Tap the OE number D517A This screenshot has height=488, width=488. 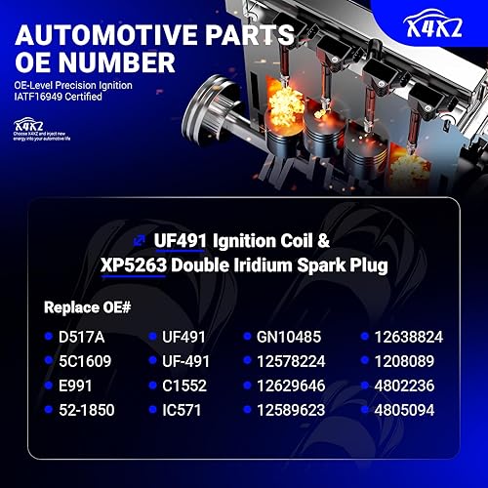coord(82,338)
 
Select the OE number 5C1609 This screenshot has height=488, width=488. coord(86,359)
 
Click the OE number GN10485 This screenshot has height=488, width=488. coord(289,338)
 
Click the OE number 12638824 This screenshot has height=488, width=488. coord(410,338)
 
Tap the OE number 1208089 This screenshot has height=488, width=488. coord(405,359)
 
